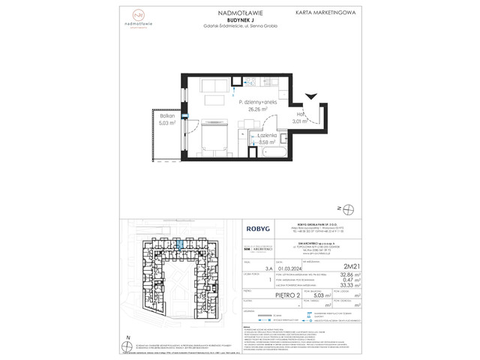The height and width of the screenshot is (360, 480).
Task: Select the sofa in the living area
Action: pos(214,100)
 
